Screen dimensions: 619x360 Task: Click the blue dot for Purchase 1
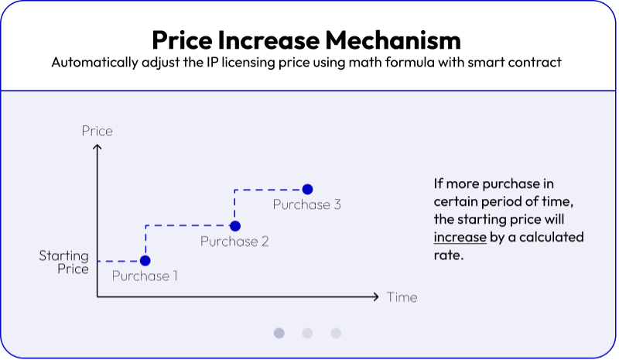pos(145,261)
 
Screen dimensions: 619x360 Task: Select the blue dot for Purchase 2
pos(235,226)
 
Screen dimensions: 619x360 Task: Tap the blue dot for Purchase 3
pos(307,189)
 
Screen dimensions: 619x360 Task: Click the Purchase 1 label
pos(145,276)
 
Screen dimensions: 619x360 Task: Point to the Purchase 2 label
pos(234,241)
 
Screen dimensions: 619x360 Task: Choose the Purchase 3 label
pos(306,204)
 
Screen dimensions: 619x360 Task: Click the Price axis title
pos(97,131)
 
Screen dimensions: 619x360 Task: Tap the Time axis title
pos(402,297)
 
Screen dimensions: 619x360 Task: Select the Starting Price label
pos(64,262)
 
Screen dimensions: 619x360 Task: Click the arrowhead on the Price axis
pos(97,146)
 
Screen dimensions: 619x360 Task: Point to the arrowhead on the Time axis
pos(377,297)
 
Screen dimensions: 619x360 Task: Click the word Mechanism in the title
pos(393,40)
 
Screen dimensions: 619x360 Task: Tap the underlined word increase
pos(460,237)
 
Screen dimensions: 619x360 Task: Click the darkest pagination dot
pos(279,333)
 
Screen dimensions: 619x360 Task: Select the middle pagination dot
pos(307,333)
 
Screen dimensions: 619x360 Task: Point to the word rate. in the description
pos(449,255)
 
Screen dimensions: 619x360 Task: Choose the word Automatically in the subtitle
pos(94,63)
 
